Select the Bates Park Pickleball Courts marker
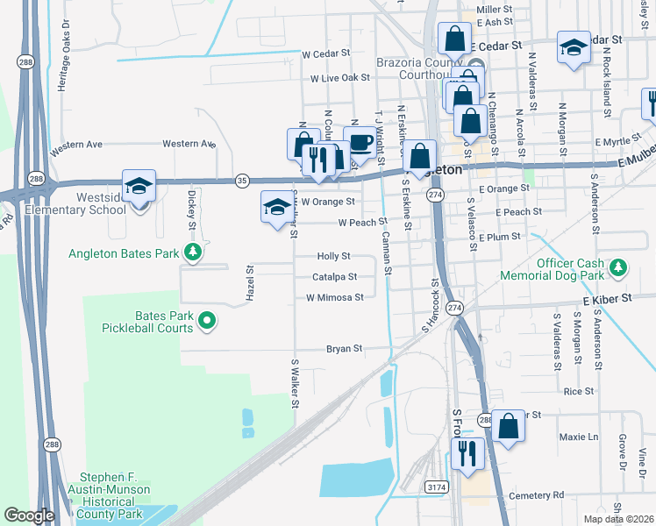tap(207, 322)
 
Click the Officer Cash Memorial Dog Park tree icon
tap(617, 267)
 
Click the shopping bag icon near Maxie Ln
tap(508, 427)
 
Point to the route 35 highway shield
tap(242, 181)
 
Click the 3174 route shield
tap(436, 486)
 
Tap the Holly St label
tap(333, 257)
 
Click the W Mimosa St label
tap(334, 298)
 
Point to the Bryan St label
tap(344, 349)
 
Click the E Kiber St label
tap(607, 300)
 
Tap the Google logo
tap(29, 515)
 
